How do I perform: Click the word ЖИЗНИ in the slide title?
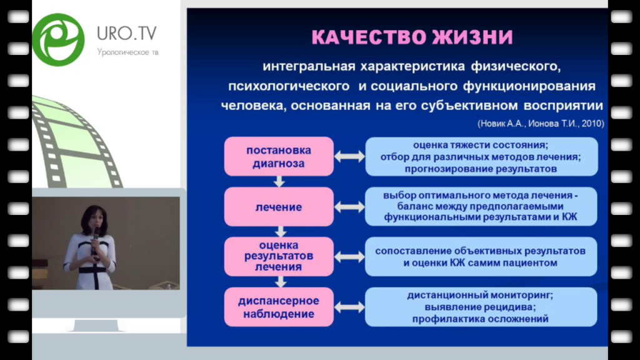[472, 37]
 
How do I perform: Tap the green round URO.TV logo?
[58, 39]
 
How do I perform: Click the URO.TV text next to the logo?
[126, 33]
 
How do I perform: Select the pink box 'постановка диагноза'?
[279, 156]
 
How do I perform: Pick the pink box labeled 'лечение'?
[279, 207]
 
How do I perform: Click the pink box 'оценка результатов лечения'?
[279, 256]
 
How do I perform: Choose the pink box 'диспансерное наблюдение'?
[279, 307]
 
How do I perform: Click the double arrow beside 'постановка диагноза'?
[349, 156]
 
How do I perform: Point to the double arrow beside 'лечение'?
[349, 207]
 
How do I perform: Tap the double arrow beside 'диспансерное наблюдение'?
[349, 307]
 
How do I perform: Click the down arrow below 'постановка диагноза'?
[279, 182]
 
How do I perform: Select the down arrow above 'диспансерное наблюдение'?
[280, 282]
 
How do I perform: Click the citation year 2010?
[592, 123]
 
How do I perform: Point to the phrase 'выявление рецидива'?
[480, 307]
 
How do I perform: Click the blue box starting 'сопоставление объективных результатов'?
[481, 256]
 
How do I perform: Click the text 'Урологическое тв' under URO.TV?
[127, 52]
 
